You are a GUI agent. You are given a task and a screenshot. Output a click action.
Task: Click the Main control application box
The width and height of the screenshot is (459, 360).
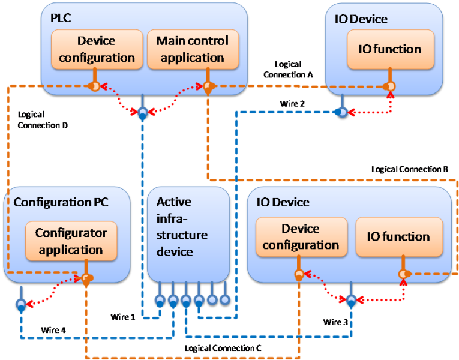click(193, 49)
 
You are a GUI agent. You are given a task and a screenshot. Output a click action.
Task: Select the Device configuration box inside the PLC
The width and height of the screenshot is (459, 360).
click(96, 49)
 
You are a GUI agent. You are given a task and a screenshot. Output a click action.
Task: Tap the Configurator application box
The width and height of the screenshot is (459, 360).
click(71, 241)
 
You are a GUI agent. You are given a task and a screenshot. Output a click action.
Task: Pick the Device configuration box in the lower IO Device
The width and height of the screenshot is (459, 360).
click(301, 237)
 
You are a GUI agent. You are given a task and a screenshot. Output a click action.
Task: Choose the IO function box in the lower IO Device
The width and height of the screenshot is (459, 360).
click(399, 237)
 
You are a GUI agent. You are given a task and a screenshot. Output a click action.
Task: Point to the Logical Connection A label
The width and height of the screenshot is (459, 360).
click(287, 70)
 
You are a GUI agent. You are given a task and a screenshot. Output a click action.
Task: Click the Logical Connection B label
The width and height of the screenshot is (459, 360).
click(409, 170)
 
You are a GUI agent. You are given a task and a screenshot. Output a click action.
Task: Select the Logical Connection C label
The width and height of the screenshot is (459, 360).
click(223, 347)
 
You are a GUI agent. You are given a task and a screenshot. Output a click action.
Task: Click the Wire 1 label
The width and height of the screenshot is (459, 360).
click(124, 316)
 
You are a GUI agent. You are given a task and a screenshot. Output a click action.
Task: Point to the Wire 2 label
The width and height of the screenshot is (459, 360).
click(292, 104)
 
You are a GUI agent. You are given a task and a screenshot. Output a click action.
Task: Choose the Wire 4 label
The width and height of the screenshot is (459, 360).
click(54, 329)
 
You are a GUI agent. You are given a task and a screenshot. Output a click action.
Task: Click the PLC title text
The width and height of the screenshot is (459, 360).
click(61, 18)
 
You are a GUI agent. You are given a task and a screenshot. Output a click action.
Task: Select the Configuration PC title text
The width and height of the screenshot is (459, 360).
click(61, 202)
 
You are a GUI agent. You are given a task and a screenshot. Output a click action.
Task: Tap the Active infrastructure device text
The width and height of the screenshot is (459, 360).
click(182, 226)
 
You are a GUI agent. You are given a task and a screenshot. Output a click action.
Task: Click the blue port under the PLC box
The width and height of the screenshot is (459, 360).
click(142, 113)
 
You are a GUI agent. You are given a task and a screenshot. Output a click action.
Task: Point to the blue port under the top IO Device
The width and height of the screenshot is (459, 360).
click(341, 112)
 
